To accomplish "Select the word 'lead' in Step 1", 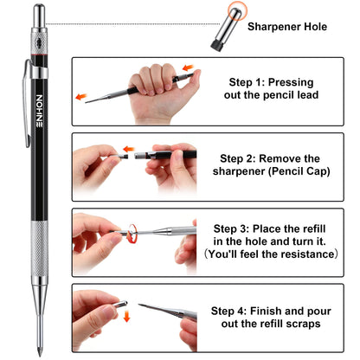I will pos(305,96).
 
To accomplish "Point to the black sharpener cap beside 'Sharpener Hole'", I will pos(216,31).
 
